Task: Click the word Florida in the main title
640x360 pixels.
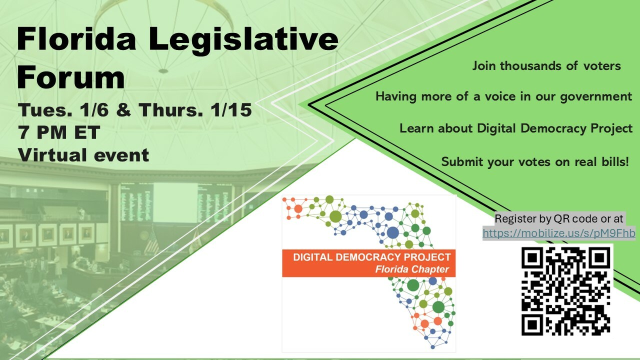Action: point(76,39)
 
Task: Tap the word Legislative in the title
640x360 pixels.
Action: point(243,40)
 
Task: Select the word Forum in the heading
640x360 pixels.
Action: point(71,77)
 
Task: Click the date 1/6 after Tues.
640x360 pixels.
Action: point(94,110)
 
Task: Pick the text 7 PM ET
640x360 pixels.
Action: point(59,132)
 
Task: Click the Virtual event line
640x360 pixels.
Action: point(83,155)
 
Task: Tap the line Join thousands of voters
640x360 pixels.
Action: point(546,66)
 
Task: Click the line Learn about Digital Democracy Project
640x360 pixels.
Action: point(515,129)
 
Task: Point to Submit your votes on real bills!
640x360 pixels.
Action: point(535,162)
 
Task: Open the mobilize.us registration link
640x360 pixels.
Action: point(559,233)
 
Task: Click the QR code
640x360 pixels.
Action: point(565,291)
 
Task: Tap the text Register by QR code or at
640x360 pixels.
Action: point(559,219)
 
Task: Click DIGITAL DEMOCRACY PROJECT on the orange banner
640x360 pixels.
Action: point(371,257)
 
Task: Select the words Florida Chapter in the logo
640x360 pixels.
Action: point(412,269)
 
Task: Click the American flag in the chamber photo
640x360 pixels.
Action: point(152,241)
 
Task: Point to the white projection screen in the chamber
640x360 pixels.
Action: point(175,203)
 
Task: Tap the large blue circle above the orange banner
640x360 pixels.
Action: point(393,232)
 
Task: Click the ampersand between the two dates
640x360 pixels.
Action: point(123,110)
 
